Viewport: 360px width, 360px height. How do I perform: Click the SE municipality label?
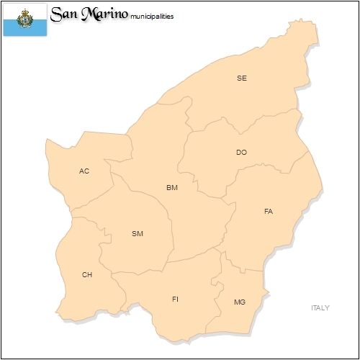[242, 78]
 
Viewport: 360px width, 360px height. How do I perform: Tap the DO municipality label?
[241, 153]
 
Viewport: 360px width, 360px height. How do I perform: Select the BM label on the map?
[171, 188]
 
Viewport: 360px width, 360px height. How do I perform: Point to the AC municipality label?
[84, 171]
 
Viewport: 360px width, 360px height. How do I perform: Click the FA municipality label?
[269, 212]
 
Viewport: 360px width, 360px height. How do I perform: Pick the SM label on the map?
[138, 233]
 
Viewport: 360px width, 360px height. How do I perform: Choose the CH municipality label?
[87, 274]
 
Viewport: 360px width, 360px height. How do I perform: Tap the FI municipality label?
[175, 299]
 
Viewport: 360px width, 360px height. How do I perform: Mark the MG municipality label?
[240, 302]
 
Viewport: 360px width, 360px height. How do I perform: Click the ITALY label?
[320, 307]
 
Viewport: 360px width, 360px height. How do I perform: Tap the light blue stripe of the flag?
[24, 29]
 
